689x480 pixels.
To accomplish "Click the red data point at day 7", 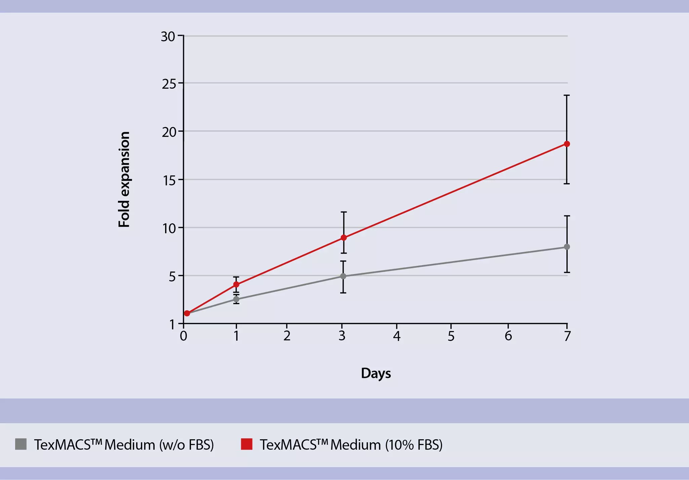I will pos(567,144).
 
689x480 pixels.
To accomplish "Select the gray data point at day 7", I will pos(567,247).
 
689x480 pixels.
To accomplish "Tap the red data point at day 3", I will pos(343,238).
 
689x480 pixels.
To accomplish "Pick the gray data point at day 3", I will pos(343,276).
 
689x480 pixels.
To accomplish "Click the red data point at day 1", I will pos(236,285).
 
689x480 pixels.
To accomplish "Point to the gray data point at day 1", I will pos(236,299).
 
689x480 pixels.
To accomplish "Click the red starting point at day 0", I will pos(187,313).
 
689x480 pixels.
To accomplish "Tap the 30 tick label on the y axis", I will pos(168,37).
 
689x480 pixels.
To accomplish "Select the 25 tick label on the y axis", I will pos(169,84).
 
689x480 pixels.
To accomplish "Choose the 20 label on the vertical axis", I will pos(169,132).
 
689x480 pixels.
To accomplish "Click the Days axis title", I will pos(376,374).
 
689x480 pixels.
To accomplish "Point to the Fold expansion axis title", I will pos(124,179).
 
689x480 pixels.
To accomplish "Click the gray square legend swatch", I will pos(21,444).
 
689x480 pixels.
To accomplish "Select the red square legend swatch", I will pos(247,444).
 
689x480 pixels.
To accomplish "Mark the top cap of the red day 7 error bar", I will pos(567,95).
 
